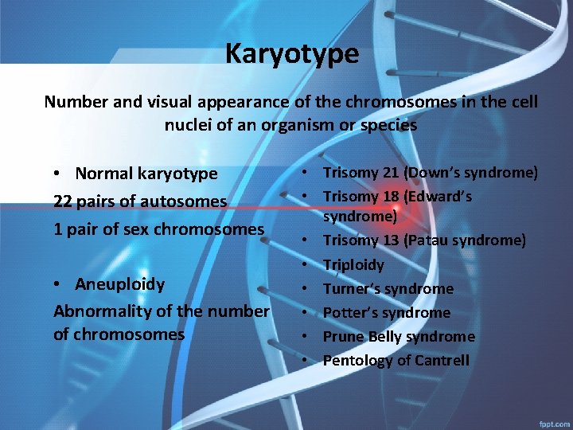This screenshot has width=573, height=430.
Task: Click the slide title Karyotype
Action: click(x=291, y=54)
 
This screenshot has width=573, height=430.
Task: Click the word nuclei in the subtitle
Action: click(x=188, y=125)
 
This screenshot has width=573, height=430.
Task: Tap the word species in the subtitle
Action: click(x=388, y=125)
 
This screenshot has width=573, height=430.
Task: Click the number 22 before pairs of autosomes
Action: click(x=62, y=201)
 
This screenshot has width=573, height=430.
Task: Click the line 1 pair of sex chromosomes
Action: click(x=158, y=229)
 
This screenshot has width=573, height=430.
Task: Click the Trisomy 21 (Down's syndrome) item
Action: click(x=430, y=173)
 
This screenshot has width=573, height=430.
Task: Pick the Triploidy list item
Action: click(x=353, y=264)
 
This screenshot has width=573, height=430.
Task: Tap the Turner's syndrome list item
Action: click(x=388, y=288)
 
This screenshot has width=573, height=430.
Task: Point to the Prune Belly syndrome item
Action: click(x=399, y=336)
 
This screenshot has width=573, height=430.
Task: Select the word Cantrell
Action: click(x=441, y=360)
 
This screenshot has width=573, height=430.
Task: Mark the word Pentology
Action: click(x=357, y=360)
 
